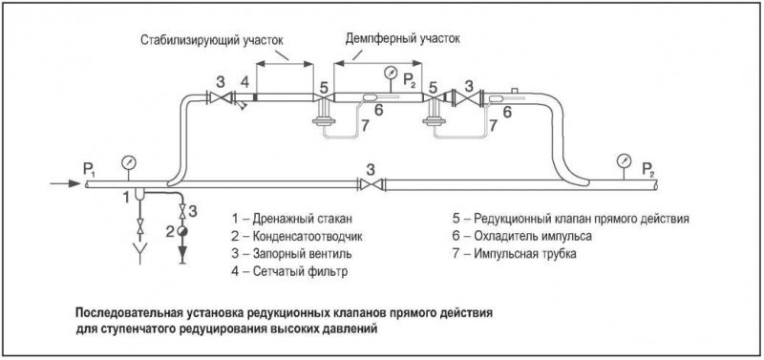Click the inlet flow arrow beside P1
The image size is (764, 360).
tap(65, 183)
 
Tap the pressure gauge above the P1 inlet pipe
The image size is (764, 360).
tap(129, 161)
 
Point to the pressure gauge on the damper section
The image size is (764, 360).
tap(391, 74)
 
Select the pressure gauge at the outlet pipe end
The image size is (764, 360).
tap(624, 159)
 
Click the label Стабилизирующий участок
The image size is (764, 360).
tap(211, 40)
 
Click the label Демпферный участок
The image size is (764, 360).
tap(402, 38)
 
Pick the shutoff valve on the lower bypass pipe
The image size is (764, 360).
tap(371, 184)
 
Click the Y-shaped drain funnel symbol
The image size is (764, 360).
tap(140, 254)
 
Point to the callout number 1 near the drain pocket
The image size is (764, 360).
tap(126, 197)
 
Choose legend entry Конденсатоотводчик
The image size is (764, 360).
tap(297, 236)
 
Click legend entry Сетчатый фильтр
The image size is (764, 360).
tap(290, 271)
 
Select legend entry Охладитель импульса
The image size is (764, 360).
tap(521, 236)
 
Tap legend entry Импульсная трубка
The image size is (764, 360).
tap(514, 254)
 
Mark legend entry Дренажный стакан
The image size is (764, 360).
tap(291, 219)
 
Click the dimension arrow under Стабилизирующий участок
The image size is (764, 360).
tap(284, 63)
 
